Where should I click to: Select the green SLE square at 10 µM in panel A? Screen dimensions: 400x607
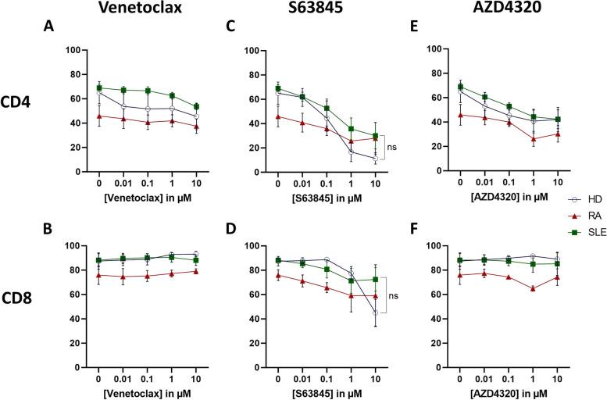pyautogui.click(x=195, y=106)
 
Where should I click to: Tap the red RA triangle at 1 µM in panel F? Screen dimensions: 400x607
pyautogui.click(x=532, y=309)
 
